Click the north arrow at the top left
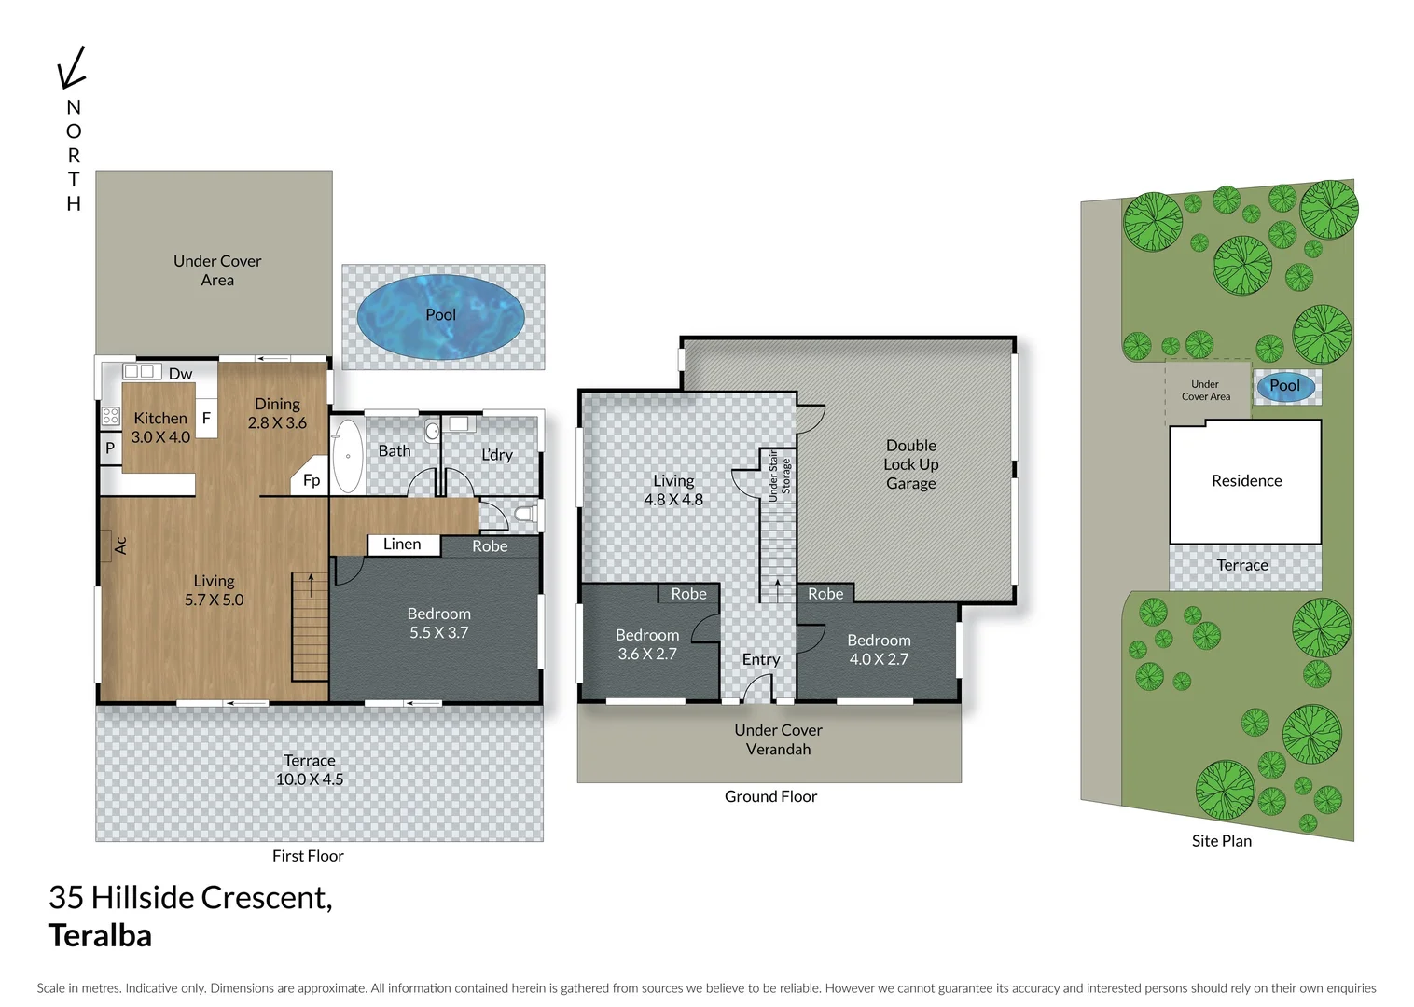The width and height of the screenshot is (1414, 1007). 71,68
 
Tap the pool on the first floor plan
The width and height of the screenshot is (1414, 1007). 440,316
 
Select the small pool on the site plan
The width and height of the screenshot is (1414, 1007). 1285,386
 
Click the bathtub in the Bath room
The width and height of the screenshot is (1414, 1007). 348,456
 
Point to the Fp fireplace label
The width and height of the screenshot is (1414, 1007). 312,480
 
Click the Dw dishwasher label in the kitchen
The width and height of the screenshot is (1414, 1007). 180,374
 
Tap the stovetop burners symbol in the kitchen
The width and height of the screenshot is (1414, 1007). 111,417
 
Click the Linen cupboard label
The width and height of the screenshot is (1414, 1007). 402,545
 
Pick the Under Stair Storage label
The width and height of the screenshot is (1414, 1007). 779,476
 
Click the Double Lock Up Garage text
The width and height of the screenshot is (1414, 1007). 910,464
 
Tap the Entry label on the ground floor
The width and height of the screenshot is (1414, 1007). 760,659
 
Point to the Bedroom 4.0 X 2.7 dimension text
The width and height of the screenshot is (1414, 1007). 879,659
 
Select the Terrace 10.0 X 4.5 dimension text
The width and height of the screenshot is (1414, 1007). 310,779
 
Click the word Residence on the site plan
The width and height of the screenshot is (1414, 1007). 1246,481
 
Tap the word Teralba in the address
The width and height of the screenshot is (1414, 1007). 100,935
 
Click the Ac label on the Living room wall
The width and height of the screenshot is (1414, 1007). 120,545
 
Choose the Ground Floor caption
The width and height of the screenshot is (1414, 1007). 770,796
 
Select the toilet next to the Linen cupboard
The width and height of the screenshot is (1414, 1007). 524,513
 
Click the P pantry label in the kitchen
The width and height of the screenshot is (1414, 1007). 110,448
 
